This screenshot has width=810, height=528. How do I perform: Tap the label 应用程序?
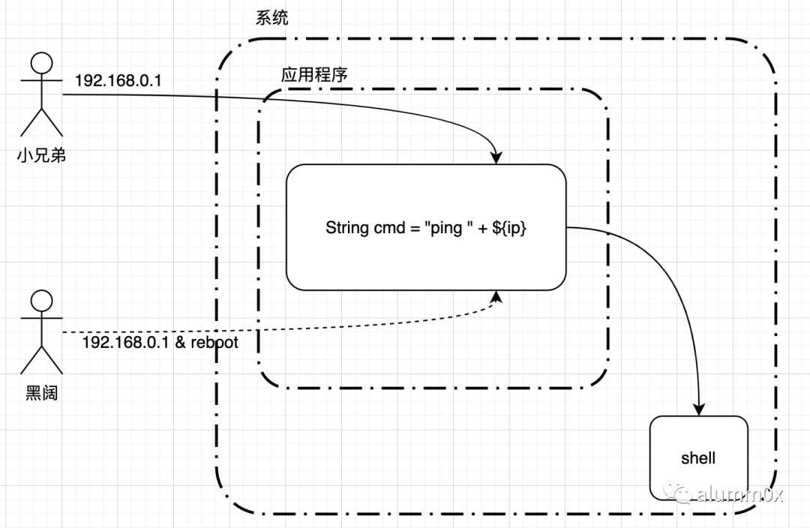coord(313,75)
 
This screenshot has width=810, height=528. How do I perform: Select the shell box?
coord(698,457)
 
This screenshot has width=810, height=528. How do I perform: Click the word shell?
coord(698,457)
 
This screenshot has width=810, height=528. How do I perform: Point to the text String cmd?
coord(358,228)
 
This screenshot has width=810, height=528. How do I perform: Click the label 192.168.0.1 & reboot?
coord(159,342)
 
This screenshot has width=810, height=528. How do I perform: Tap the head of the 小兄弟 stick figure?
coord(40,64)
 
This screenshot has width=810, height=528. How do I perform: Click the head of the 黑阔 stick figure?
coord(40,301)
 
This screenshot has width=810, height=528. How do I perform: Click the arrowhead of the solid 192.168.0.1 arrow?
coord(496,157)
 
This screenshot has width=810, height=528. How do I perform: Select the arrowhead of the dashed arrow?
coord(496,298)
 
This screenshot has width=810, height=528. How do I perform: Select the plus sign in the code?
coord(480,228)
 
